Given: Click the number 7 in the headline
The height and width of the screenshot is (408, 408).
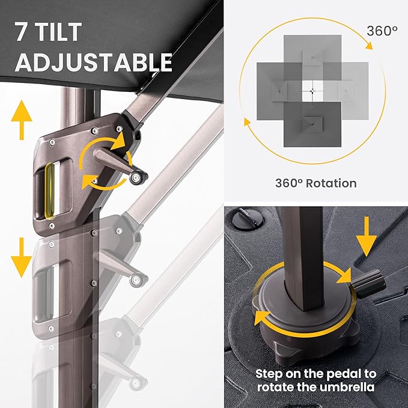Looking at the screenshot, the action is click(22, 31).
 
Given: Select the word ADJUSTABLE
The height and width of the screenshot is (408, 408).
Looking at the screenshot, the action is click(94, 62).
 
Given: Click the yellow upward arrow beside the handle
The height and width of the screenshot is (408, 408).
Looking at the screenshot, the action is click(22, 120).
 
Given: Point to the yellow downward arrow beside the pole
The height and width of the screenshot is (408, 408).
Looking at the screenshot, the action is click(22, 257).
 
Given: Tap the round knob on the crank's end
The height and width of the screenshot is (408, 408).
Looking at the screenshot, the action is click(136, 178).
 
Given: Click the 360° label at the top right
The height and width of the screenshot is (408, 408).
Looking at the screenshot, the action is click(382, 31).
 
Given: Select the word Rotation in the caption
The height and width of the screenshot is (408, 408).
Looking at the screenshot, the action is click(331, 183).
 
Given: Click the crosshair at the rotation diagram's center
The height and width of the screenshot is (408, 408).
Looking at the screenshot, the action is click(312, 91).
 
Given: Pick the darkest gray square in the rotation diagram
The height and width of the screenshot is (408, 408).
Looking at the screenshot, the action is click(312, 124).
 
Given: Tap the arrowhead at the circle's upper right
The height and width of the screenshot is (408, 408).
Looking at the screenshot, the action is click(369, 45).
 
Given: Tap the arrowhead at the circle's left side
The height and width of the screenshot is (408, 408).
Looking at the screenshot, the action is click(247, 121).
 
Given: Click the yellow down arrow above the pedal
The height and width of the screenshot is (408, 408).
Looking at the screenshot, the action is click(367, 237).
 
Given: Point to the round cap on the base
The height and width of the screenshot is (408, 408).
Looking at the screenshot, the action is click(248, 218).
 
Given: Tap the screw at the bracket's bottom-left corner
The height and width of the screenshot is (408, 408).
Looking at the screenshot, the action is click(52, 225).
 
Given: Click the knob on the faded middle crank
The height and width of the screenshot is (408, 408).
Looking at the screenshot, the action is click(136, 280).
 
